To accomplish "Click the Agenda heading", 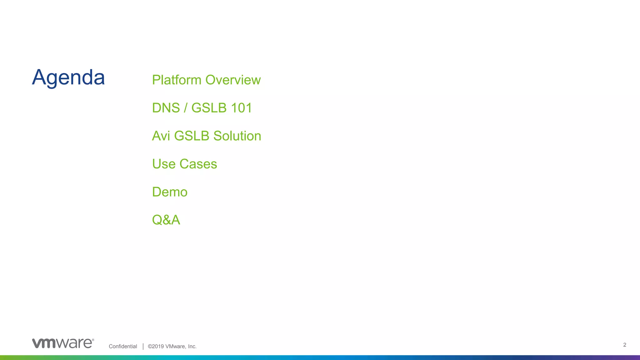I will pyautogui.click(x=68, y=77).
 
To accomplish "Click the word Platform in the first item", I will pyautogui.click(x=177, y=80).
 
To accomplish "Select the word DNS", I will pyautogui.click(x=166, y=108).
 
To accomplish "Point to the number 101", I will pyautogui.click(x=241, y=108).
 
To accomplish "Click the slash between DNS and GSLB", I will pyautogui.click(x=186, y=108).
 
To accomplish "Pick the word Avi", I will pyautogui.click(x=161, y=136).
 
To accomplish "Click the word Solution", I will pyautogui.click(x=237, y=136).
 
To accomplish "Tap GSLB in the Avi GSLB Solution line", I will pyautogui.click(x=192, y=136).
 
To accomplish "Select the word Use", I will pyautogui.click(x=164, y=164).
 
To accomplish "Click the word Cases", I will pyautogui.click(x=198, y=164).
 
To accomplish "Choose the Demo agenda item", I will pyautogui.click(x=170, y=192).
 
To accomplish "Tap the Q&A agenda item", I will pyautogui.click(x=166, y=220).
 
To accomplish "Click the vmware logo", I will pyautogui.click(x=63, y=343).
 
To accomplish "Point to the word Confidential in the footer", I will pyautogui.click(x=123, y=346).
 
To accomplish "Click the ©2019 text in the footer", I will pyautogui.click(x=156, y=346).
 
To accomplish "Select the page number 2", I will pyautogui.click(x=624, y=345).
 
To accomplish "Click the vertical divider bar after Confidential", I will pyautogui.click(x=143, y=346).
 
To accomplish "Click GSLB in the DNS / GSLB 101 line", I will pyautogui.click(x=209, y=108).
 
